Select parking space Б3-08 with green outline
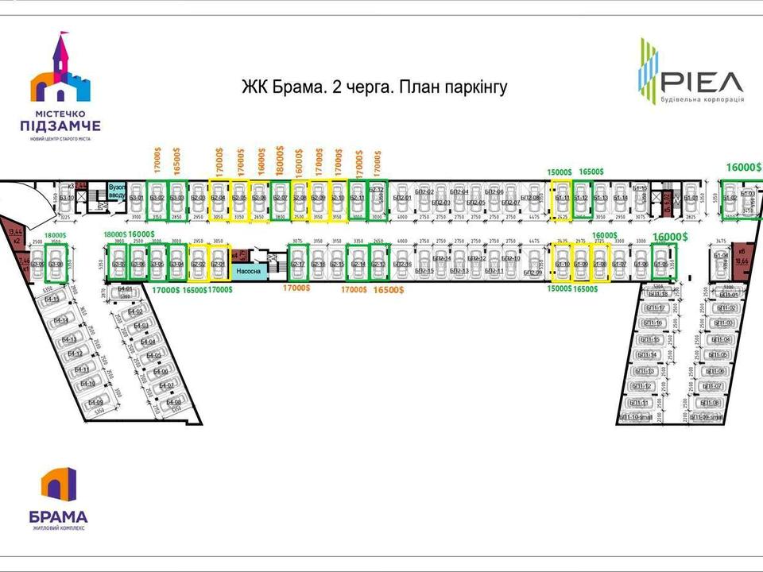[x=55, y=264]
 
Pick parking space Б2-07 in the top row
[x=279, y=198]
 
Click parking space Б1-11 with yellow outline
[x=562, y=198]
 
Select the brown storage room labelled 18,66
[x=742, y=258]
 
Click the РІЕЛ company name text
[x=702, y=80]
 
